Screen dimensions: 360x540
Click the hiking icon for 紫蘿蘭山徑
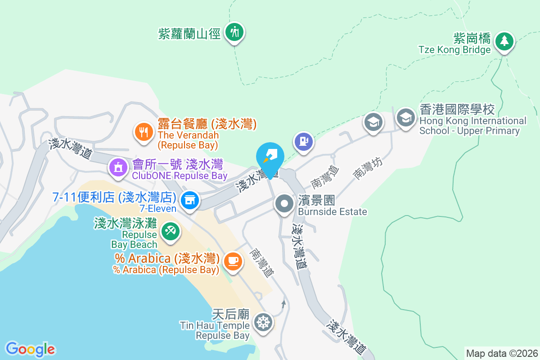[234, 32]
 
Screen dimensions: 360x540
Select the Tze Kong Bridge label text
[454, 50]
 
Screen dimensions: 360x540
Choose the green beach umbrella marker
[170, 232]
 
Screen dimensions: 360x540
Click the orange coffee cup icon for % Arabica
[233, 261]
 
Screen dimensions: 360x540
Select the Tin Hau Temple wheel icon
[263, 322]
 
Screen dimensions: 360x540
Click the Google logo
[31, 349]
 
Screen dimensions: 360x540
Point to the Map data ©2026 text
[502, 353]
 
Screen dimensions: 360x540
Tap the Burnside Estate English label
[333, 211]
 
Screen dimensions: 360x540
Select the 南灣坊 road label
[368, 168]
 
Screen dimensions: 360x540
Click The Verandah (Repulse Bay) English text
[188, 140]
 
